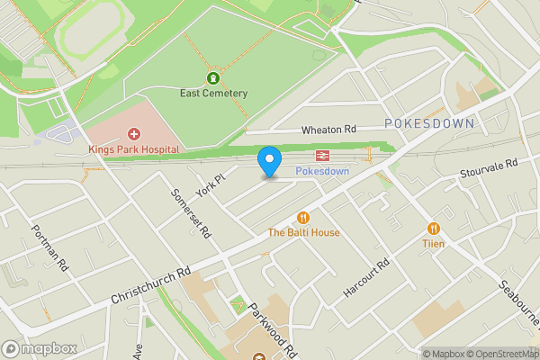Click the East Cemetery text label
213,93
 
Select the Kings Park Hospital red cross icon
133,133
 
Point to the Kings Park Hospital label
133,148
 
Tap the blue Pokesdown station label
321,170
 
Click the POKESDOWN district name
427,122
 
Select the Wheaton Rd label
329,130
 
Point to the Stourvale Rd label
489,166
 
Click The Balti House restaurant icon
303,217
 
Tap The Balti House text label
303,233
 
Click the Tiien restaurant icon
434,229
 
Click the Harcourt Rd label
366,280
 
